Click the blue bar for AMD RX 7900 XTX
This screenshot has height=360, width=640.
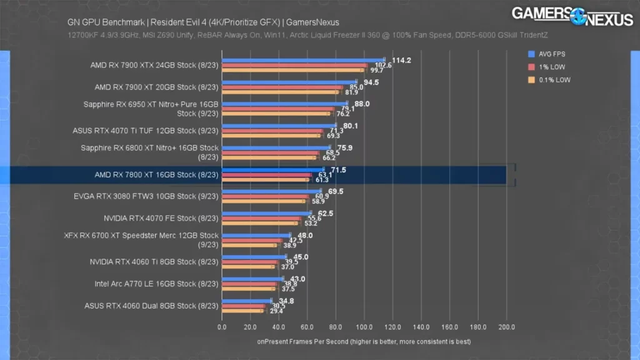303,61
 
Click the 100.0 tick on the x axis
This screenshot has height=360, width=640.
364,327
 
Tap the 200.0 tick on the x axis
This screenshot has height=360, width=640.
506,327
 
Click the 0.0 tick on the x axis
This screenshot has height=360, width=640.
222,327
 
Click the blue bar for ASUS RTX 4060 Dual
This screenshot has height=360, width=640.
246,301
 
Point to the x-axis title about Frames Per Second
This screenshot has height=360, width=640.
364,342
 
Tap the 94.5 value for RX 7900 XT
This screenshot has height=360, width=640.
372,82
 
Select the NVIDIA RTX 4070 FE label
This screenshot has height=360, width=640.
161,219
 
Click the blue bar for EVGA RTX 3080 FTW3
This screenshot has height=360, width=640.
271,191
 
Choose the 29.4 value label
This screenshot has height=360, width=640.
276,311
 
